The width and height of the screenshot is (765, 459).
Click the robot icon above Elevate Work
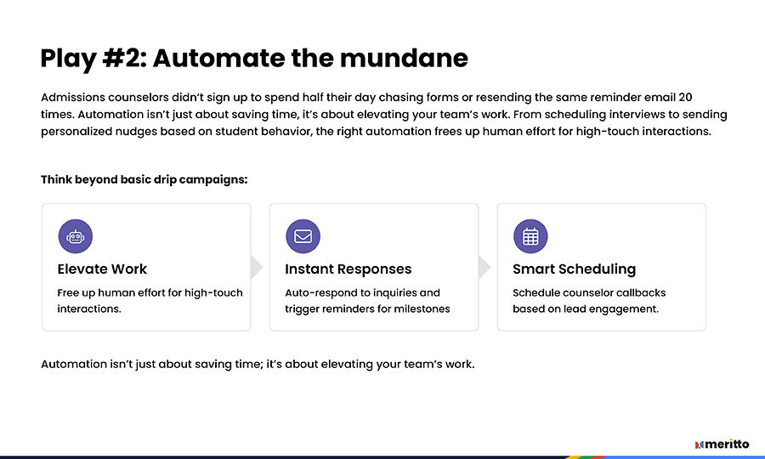(x=75, y=236)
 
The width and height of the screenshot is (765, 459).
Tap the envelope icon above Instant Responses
(x=303, y=236)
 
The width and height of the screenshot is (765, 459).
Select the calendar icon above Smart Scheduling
(x=530, y=236)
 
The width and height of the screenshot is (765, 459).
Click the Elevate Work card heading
(x=102, y=269)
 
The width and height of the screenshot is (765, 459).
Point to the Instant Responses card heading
(x=348, y=269)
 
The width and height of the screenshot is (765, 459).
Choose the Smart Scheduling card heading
(x=575, y=269)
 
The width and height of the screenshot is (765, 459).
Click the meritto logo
(x=722, y=444)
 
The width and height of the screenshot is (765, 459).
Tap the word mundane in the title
(x=404, y=58)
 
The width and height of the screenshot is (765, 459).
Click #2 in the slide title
(x=124, y=58)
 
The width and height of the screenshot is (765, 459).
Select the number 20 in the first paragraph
(x=685, y=97)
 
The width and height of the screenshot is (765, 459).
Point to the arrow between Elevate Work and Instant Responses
(x=257, y=267)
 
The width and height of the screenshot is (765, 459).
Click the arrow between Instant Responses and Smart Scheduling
(x=484, y=267)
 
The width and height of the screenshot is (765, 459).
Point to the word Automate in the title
(x=219, y=58)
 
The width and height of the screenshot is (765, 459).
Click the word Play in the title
(x=68, y=59)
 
